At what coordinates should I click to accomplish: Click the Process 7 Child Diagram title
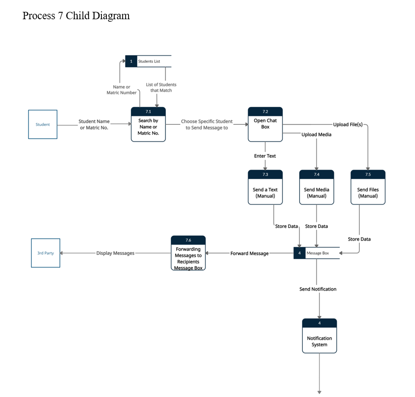click(x=76, y=16)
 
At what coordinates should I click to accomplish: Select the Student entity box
click(x=43, y=124)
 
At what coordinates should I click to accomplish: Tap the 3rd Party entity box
click(x=46, y=253)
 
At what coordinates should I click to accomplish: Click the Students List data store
click(x=148, y=61)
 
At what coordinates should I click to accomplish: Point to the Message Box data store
click(x=317, y=253)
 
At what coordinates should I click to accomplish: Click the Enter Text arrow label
click(x=265, y=156)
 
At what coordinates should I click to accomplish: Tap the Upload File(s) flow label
click(x=348, y=124)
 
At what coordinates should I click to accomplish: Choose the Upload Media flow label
click(x=316, y=134)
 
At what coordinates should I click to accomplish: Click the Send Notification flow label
click(x=318, y=289)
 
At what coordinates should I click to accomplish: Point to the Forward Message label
click(x=250, y=253)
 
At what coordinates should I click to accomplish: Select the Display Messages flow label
click(x=115, y=253)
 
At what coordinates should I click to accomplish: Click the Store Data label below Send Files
click(x=359, y=239)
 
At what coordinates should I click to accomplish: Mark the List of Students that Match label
click(x=161, y=88)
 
